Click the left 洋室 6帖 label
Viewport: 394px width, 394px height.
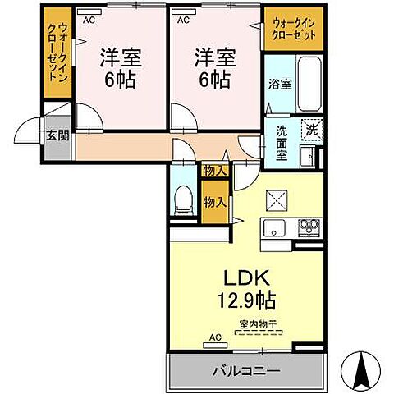pyautogui.click(x=119, y=69)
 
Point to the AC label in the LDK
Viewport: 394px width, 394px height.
pyautogui.click(x=216, y=336)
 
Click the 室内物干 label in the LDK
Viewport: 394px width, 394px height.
pyautogui.click(x=258, y=323)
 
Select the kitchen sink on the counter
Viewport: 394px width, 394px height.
pyautogui.click(x=273, y=226)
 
